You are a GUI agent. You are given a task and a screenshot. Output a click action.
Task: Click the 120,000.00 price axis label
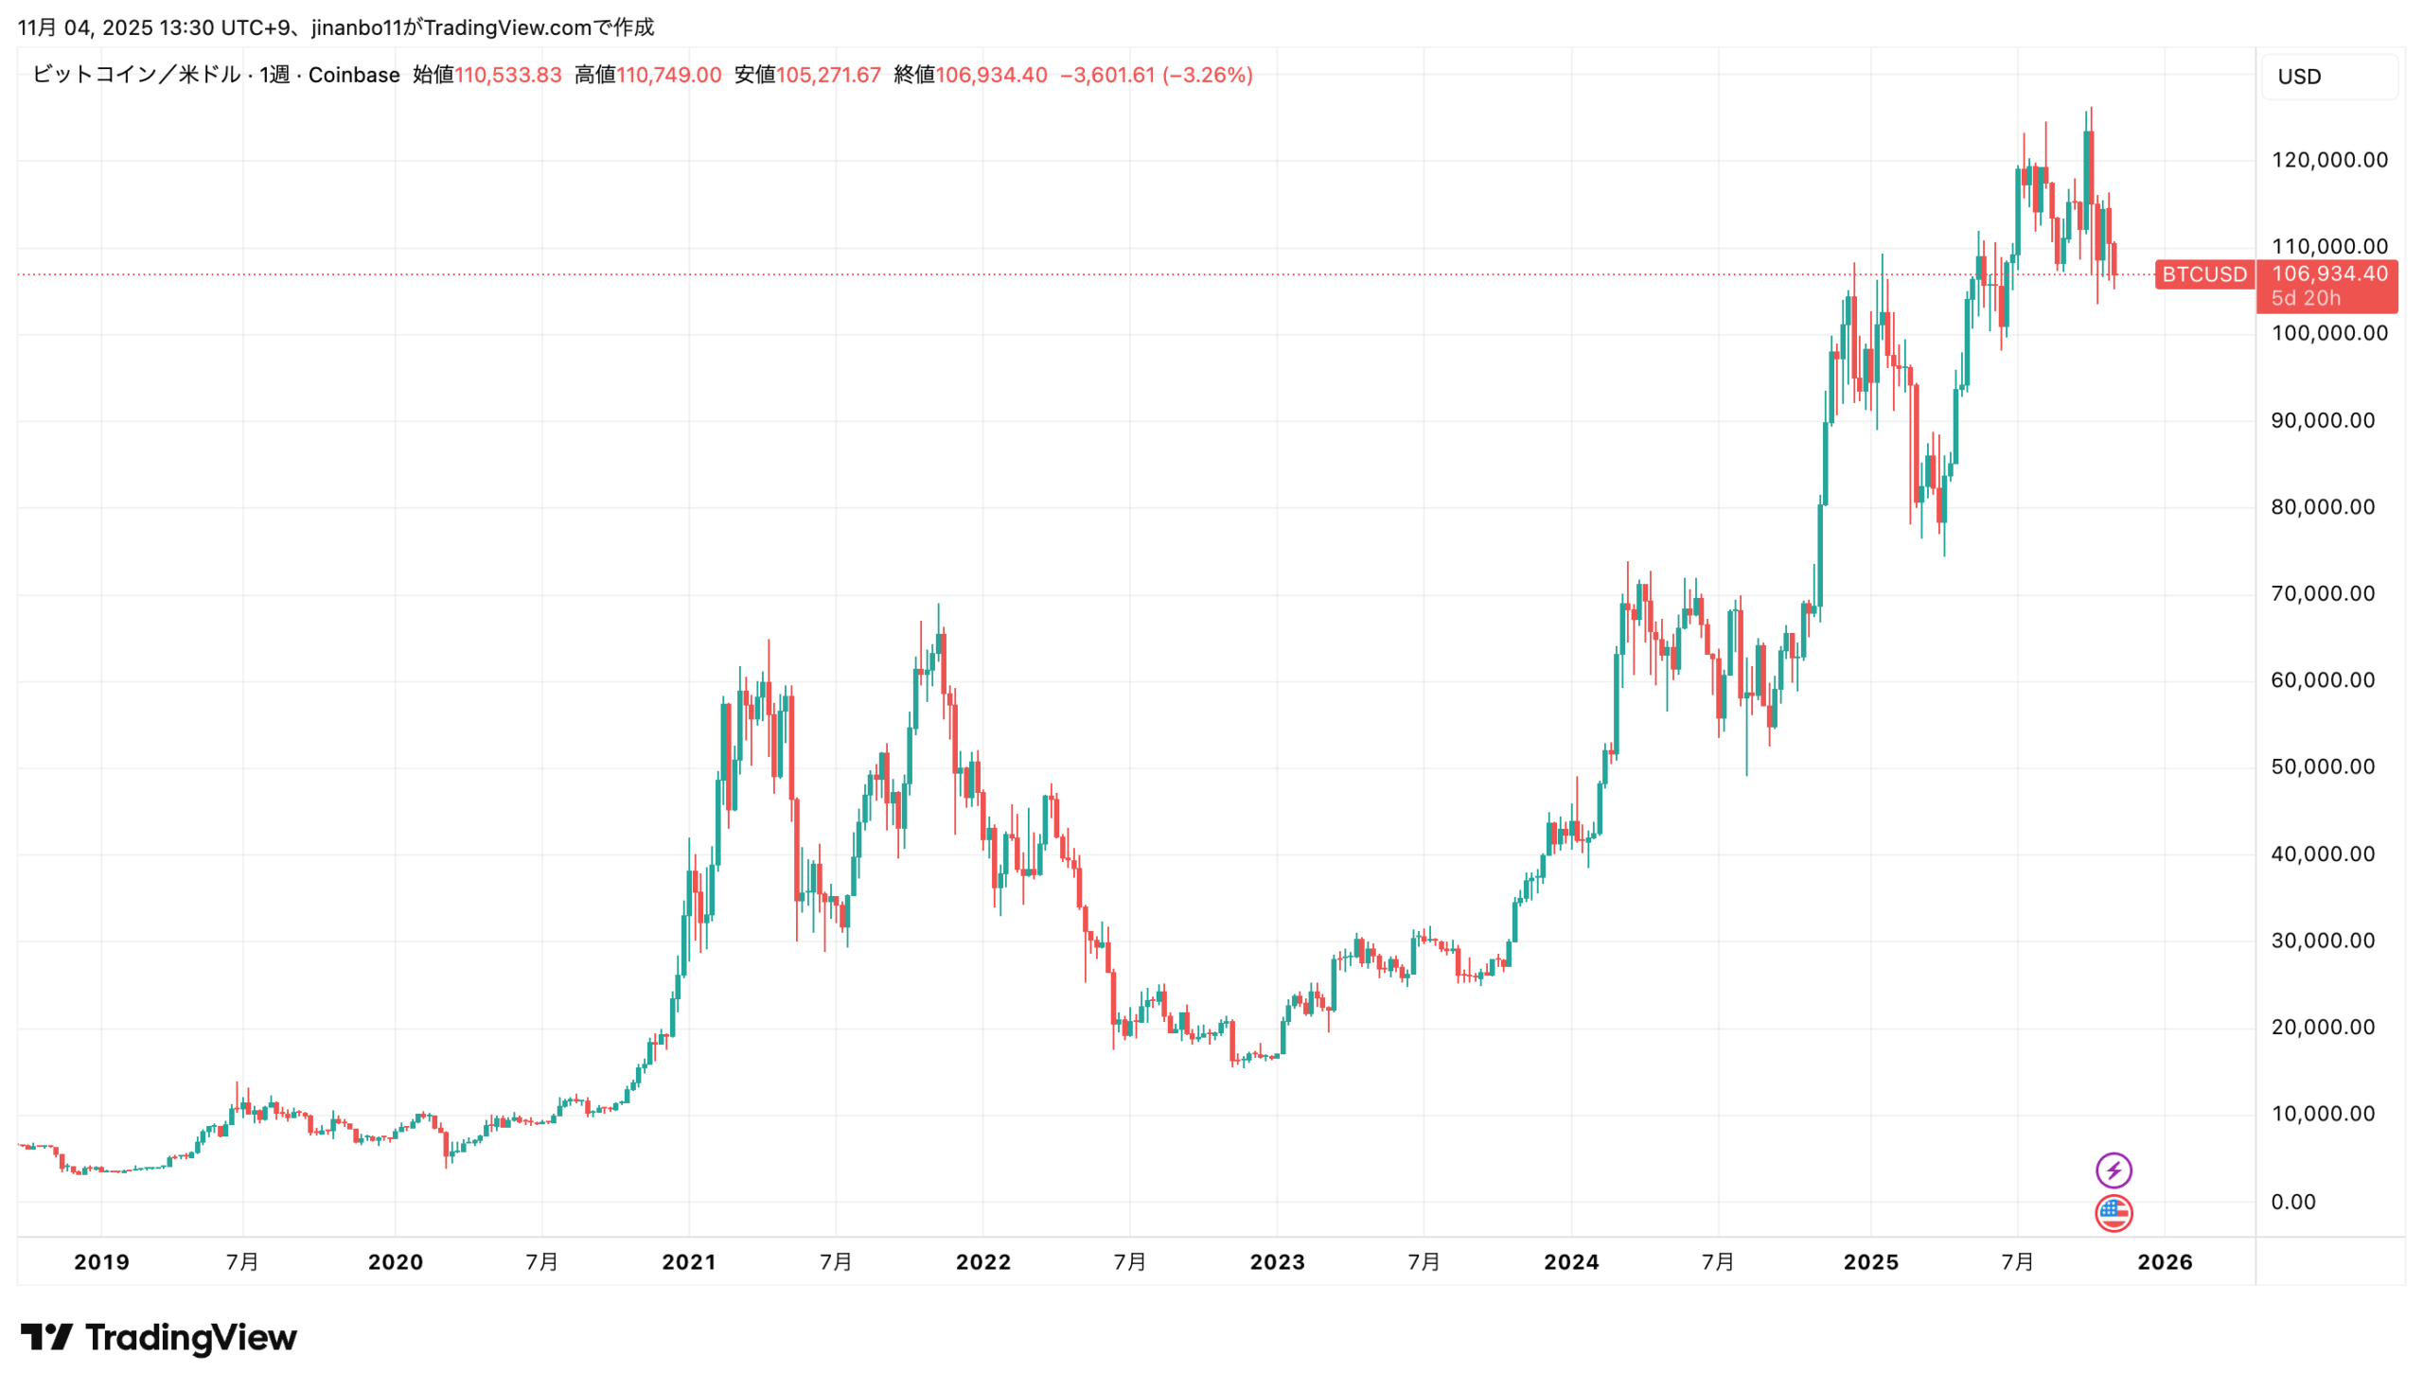(x=2328, y=161)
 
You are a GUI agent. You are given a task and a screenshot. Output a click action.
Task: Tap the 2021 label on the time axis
(x=688, y=1262)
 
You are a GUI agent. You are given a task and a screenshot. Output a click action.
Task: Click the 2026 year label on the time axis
(x=2165, y=1262)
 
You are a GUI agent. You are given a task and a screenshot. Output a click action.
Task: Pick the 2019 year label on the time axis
(x=101, y=1262)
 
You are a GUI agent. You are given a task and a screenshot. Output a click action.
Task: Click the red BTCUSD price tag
(x=2203, y=275)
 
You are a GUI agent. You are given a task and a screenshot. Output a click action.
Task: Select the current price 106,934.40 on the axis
(x=2328, y=274)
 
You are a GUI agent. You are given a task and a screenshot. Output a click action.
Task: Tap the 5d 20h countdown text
(x=2305, y=298)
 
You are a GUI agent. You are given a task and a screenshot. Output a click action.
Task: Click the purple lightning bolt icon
(x=2113, y=1170)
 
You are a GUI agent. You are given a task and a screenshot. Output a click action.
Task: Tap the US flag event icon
(x=2113, y=1213)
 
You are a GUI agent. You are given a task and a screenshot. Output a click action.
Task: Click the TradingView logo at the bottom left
(x=158, y=1338)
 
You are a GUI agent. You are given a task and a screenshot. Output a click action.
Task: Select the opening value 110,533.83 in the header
(x=507, y=76)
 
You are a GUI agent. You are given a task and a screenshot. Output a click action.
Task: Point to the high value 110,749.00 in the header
(x=668, y=76)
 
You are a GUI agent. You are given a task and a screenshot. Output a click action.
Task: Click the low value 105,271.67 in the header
(x=828, y=76)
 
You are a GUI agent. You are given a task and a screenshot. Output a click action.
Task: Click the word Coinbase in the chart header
(x=353, y=76)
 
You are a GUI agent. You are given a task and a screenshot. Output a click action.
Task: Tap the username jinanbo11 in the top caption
(x=357, y=27)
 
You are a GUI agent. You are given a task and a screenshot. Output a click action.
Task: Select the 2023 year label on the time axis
(x=1277, y=1262)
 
